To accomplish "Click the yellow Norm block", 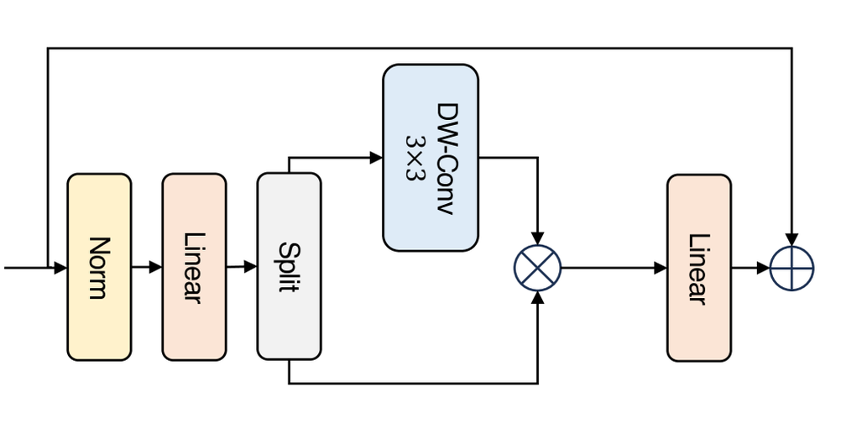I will pos(99,267).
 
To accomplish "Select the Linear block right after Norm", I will pos(194,267).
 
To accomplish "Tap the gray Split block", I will pos(289,267).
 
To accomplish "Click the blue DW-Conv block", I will pos(431,157).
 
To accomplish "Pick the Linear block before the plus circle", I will pos(698,268).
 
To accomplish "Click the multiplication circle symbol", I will pos(537,269).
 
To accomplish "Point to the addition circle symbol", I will pos(791,269).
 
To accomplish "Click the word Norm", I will pos(99,267).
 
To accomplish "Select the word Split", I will pos(289,267).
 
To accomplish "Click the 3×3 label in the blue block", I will pos(415,158).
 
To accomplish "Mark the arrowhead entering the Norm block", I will pos(60,269).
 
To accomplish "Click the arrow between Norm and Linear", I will pos(147,268).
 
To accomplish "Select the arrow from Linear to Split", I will pos(242,268).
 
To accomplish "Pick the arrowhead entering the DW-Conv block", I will pos(377,157).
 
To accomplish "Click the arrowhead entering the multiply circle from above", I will pos(537,239).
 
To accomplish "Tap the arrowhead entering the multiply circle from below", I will pos(537,298).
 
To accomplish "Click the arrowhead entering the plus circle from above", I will pos(791,240).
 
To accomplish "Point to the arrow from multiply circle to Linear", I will pos(614,269).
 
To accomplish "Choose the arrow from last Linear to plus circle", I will pos(750,269).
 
